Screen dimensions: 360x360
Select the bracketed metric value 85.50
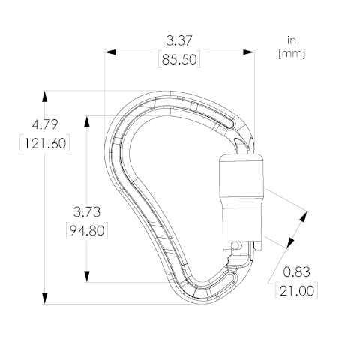180,60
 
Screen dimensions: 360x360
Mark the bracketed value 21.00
295,291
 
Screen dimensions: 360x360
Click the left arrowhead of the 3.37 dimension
109,52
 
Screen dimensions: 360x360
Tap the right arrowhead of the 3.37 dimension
250,52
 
